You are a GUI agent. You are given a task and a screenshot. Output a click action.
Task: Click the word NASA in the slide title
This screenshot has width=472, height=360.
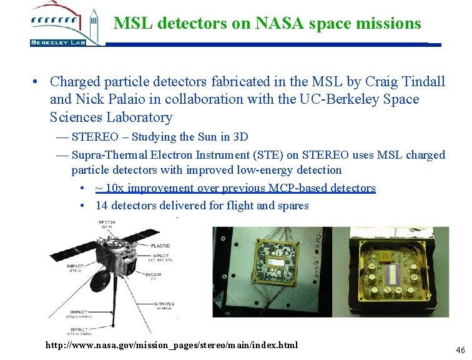tap(273, 24)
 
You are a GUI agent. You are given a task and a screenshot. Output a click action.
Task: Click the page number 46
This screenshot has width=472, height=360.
tap(461, 350)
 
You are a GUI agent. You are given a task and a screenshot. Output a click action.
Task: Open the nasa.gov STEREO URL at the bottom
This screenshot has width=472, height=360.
tap(172, 345)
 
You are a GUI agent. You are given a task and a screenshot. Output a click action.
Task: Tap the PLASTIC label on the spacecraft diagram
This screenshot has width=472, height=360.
tap(160, 246)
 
